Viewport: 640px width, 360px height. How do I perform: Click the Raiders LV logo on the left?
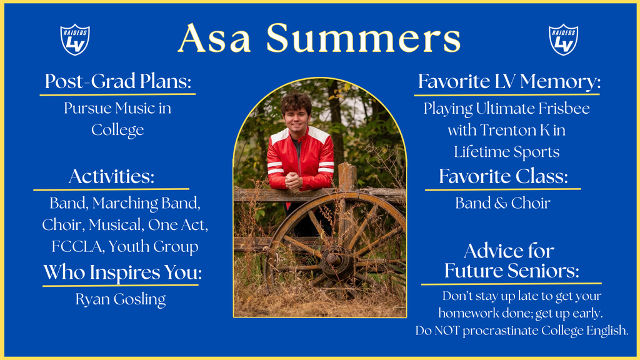pos(75,39)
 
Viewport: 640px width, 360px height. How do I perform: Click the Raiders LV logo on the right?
pos(563,39)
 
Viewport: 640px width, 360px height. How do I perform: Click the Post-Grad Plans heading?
pos(117,81)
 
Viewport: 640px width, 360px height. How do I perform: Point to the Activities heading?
pos(111,176)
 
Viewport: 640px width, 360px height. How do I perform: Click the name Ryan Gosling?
pos(121,299)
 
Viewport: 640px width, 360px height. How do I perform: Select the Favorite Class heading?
pos(503,176)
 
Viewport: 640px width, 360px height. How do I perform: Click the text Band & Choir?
pos(502,203)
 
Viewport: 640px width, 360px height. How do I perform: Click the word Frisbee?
pos(561,108)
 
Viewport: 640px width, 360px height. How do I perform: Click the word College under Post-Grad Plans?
pos(117,130)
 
